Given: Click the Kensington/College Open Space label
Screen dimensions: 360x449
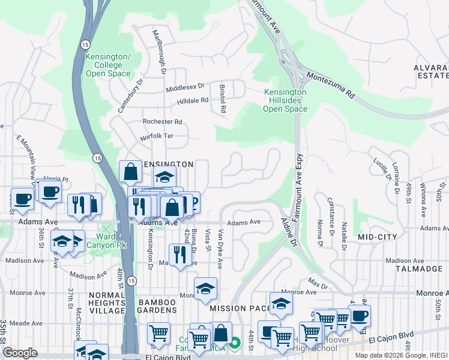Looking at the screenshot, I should coord(108,65).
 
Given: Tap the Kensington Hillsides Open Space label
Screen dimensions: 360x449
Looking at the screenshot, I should coord(286,100).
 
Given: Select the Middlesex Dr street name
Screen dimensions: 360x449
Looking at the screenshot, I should coord(185,88).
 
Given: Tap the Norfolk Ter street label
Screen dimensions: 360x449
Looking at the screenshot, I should coord(157,136).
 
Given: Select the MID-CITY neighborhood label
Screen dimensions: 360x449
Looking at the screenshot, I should coord(378,238).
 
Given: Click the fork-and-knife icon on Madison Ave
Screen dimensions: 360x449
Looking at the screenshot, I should coord(179,255).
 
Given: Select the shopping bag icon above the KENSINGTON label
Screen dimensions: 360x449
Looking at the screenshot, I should coord(130,172).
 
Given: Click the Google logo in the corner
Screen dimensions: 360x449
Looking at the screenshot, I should coord(20,353).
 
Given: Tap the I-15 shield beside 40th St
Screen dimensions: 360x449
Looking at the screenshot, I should coord(132,281).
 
